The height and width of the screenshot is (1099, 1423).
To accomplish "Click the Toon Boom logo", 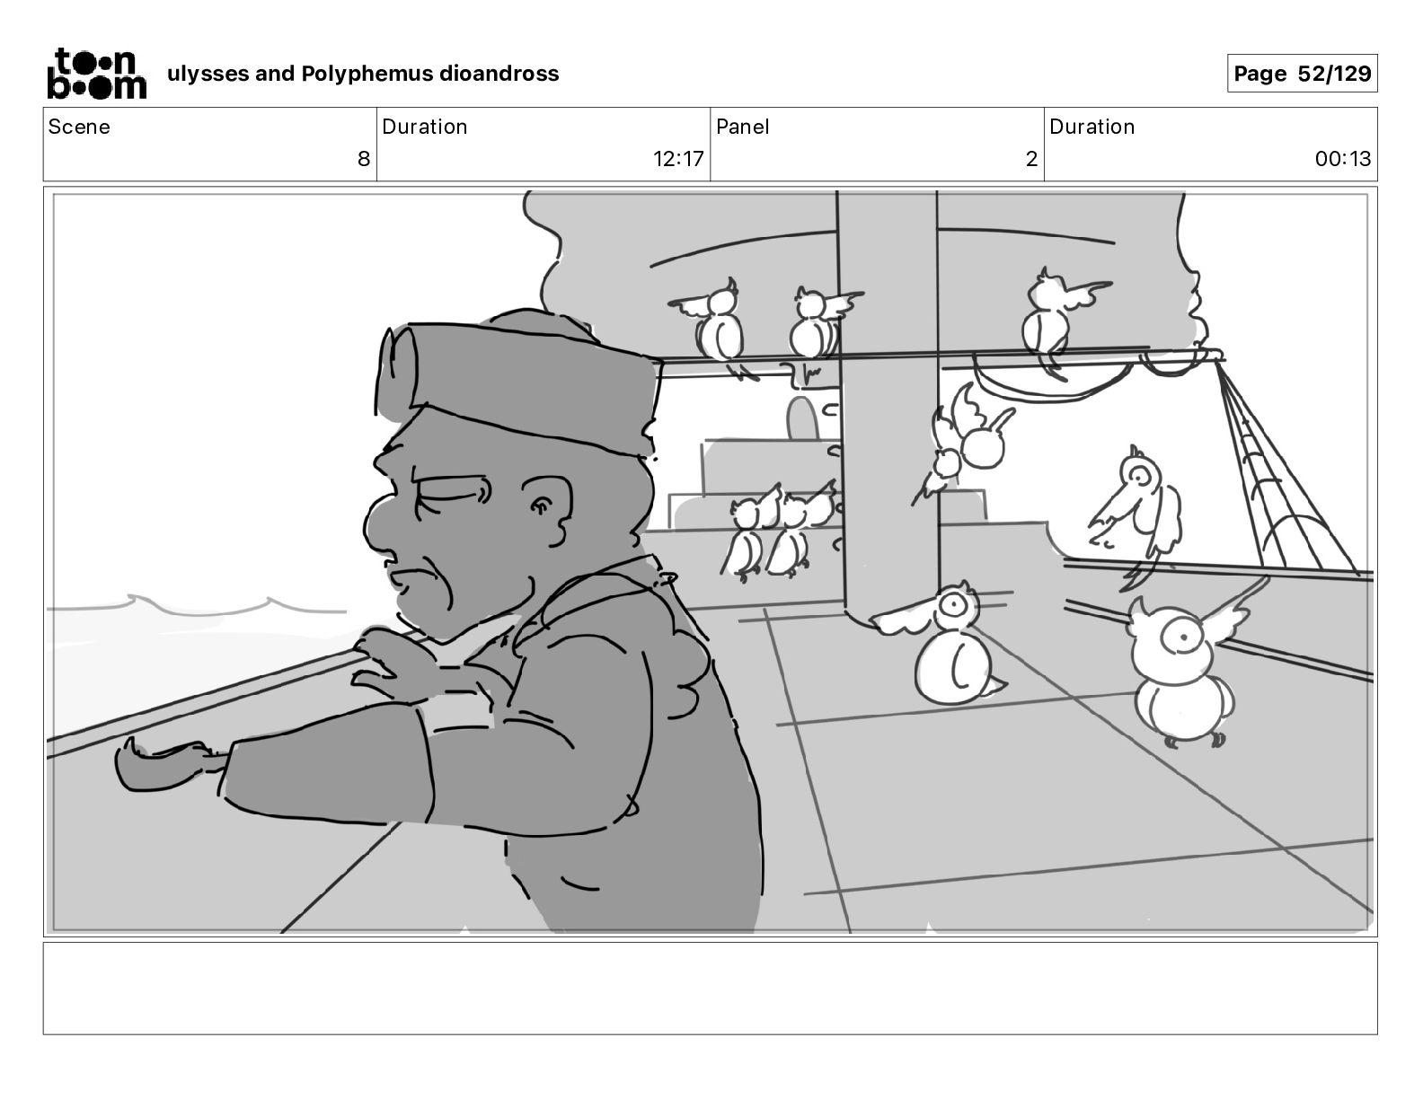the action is [96, 74].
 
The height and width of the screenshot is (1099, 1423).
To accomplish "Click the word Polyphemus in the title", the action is [367, 74].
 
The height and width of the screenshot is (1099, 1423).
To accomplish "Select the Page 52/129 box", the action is [1302, 74].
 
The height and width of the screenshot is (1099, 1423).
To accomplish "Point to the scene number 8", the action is [364, 159].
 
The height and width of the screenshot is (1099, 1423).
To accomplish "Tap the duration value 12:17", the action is [677, 159].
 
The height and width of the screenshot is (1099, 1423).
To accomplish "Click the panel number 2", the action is [1031, 159].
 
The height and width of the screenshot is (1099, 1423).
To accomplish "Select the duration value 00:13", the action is [1342, 159].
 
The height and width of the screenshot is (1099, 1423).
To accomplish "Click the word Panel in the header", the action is [743, 127].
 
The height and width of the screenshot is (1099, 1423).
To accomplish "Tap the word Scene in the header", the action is [79, 127].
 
